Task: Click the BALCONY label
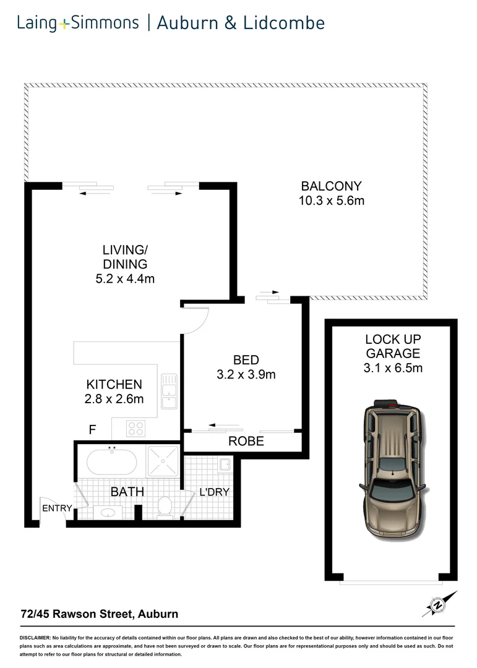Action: (x=330, y=186)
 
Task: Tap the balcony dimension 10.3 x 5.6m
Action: (x=330, y=200)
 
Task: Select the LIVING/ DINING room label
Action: (x=125, y=257)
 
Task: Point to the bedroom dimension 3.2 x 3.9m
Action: (x=246, y=374)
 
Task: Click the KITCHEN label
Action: (x=114, y=384)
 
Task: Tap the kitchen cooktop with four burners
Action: (x=136, y=427)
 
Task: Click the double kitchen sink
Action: (x=169, y=391)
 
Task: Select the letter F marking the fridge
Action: (x=92, y=430)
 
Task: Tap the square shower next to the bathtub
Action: (x=163, y=461)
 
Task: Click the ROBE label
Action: (x=246, y=441)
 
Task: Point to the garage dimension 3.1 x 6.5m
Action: (x=393, y=369)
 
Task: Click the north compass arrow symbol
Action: (x=439, y=604)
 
